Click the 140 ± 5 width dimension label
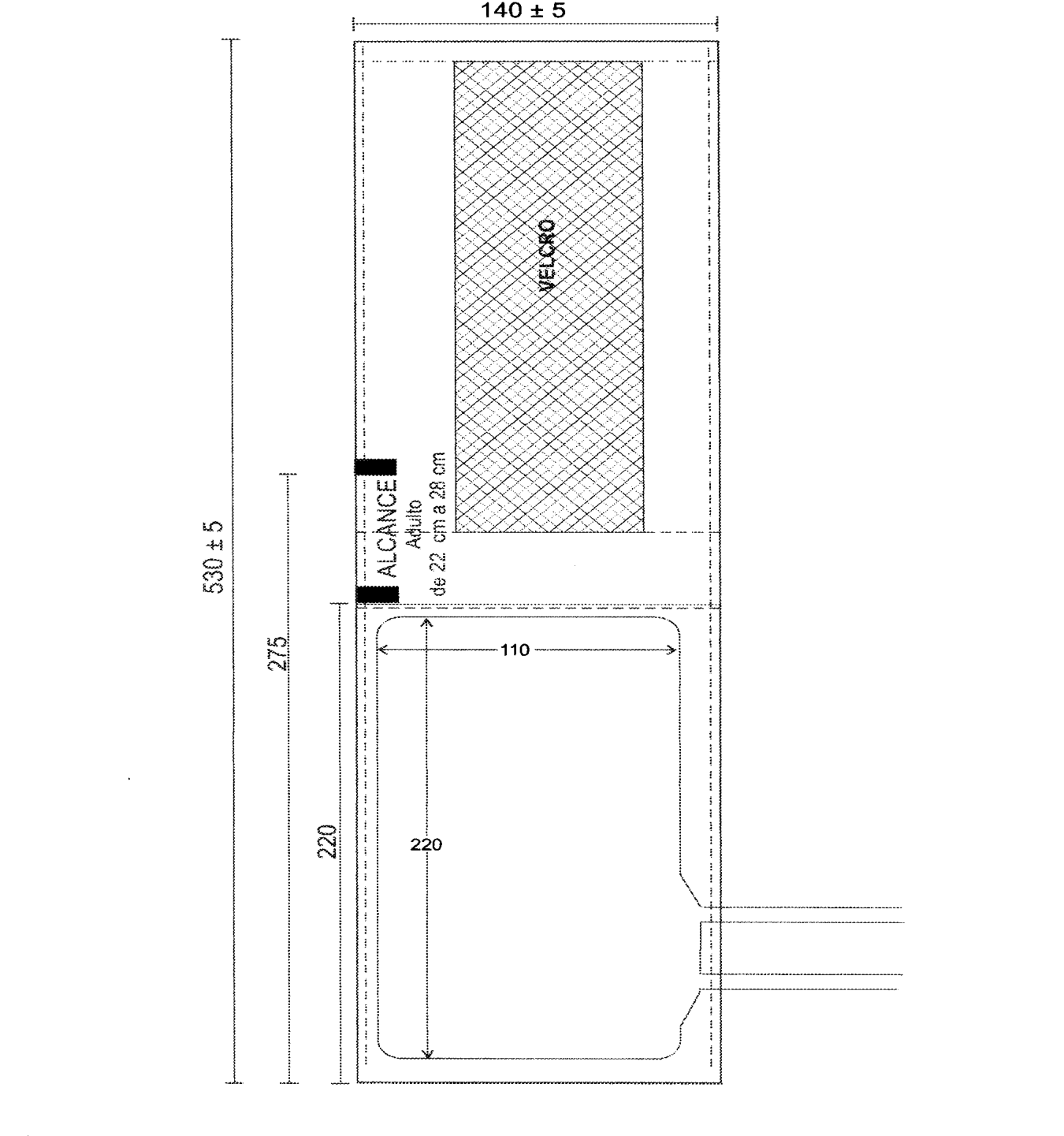[523, 10]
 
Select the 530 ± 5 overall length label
[214, 557]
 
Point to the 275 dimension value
[278, 652]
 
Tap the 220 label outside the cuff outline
[327, 841]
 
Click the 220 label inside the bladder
[426, 844]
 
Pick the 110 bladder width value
[515, 650]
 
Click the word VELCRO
[547, 255]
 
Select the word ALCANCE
[387, 528]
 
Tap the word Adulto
[414, 524]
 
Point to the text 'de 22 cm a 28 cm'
[439, 524]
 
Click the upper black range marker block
[375, 467]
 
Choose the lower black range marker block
[377, 594]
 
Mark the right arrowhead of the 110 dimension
[672, 650]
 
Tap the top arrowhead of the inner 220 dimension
[427, 622]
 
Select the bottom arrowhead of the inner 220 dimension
[427, 1053]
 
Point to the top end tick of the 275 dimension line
[288, 474]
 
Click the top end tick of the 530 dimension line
[231, 39]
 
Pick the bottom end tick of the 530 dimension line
[233, 1083]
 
